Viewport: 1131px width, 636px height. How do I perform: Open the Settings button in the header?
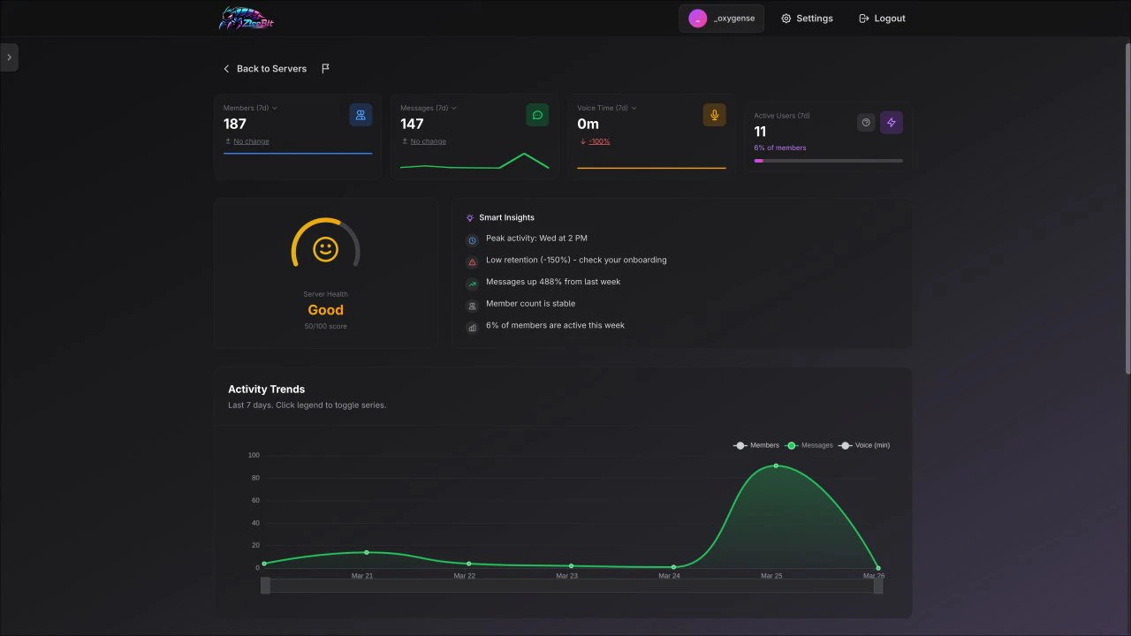pyautogui.click(x=807, y=19)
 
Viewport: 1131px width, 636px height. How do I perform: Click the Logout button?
pyautogui.click(x=882, y=19)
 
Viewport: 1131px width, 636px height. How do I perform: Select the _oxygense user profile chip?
pyautogui.click(x=721, y=19)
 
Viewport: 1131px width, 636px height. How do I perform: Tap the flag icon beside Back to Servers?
pyautogui.click(x=326, y=69)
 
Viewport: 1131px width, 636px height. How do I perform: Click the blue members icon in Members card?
pyautogui.click(x=361, y=115)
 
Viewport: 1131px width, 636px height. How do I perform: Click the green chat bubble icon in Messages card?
pyautogui.click(x=537, y=115)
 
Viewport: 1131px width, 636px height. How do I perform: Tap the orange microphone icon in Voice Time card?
pyautogui.click(x=714, y=115)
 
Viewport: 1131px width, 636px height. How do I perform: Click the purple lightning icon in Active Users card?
pyautogui.click(x=891, y=123)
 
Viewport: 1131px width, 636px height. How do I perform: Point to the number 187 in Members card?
pyautogui.click(x=235, y=125)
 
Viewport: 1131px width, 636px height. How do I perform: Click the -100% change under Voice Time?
pyautogui.click(x=599, y=141)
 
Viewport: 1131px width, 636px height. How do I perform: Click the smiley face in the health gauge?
pyautogui.click(x=325, y=249)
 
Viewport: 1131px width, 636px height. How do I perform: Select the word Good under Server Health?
pyautogui.click(x=325, y=310)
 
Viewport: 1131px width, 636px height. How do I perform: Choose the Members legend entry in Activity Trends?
pyautogui.click(x=757, y=445)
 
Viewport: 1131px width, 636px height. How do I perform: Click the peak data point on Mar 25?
pyautogui.click(x=776, y=466)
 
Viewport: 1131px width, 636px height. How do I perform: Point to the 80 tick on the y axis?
pyautogui.click(x=254, y=478)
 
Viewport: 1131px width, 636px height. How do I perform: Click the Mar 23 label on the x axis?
pyautogui.click(x=567, y=576)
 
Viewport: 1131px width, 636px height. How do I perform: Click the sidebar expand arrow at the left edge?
pyautogui.click(x=9, y=57)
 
